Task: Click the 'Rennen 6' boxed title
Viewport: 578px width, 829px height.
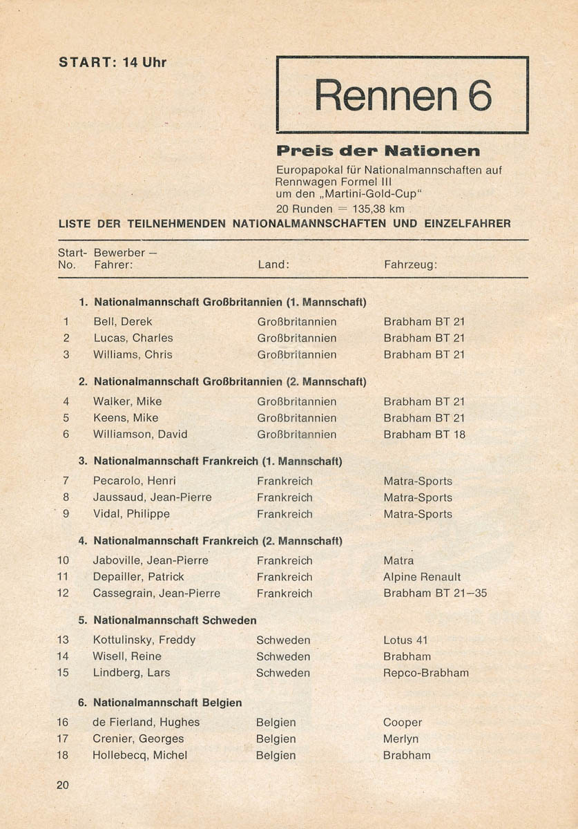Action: pos(403,95)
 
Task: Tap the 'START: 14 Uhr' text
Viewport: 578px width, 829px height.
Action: pos(113,62)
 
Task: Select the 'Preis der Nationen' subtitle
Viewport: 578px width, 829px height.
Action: pos(378,151)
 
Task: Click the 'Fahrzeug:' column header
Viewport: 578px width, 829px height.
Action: pos(410,265)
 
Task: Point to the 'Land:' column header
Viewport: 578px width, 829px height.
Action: pos(273,265)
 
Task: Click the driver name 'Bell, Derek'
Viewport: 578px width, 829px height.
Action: pos(123,321)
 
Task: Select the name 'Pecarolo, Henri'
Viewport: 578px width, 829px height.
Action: pos(134,481)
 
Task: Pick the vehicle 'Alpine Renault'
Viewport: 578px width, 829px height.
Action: pos(422,577)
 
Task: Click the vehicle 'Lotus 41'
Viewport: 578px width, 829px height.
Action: pos(405,640)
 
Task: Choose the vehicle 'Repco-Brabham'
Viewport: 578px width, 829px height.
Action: pos(426,673)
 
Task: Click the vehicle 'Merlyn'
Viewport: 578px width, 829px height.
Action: pos(401,739)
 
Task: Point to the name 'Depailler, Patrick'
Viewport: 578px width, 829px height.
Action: pos(138,577)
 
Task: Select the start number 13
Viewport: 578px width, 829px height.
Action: pos(63,640)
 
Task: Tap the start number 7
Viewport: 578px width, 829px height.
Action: pos(66,481)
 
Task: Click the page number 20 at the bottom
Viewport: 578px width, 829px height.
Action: pos(63,785)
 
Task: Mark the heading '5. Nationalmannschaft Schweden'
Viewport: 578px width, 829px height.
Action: pos(167,620)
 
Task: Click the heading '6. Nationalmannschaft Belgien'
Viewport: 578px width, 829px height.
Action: pos(160,703)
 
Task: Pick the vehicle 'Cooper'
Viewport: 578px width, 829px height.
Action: pos(402,723)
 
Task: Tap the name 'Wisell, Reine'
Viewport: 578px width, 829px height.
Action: pos(127,656)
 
